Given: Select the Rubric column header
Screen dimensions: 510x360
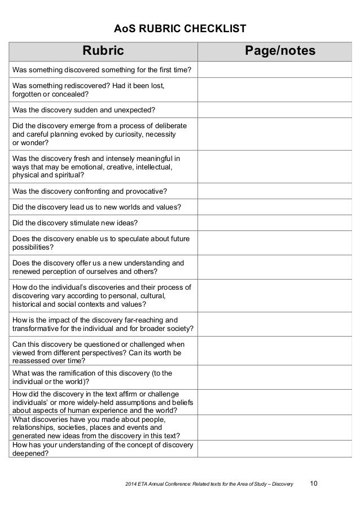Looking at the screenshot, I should pyautogui.click(x=103, y=53).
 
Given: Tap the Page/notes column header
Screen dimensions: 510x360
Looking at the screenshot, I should pyautogui.click(x=280, y=53).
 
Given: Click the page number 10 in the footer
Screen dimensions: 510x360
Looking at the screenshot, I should pyautogui.click(x=314, y=483).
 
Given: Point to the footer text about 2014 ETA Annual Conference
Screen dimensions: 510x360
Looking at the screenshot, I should pyautogui.click(x=210, y=483).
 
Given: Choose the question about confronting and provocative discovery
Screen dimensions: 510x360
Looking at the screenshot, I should pyautogui.click(x=93, y=191).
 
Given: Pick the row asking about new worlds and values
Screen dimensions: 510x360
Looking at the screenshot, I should pyautogui.click(x=96, y=207).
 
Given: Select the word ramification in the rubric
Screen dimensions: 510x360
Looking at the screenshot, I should pyautogui.click(x=73, y=373).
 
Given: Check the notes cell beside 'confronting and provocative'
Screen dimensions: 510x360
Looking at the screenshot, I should pyautogui.click(x=280, y=191).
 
